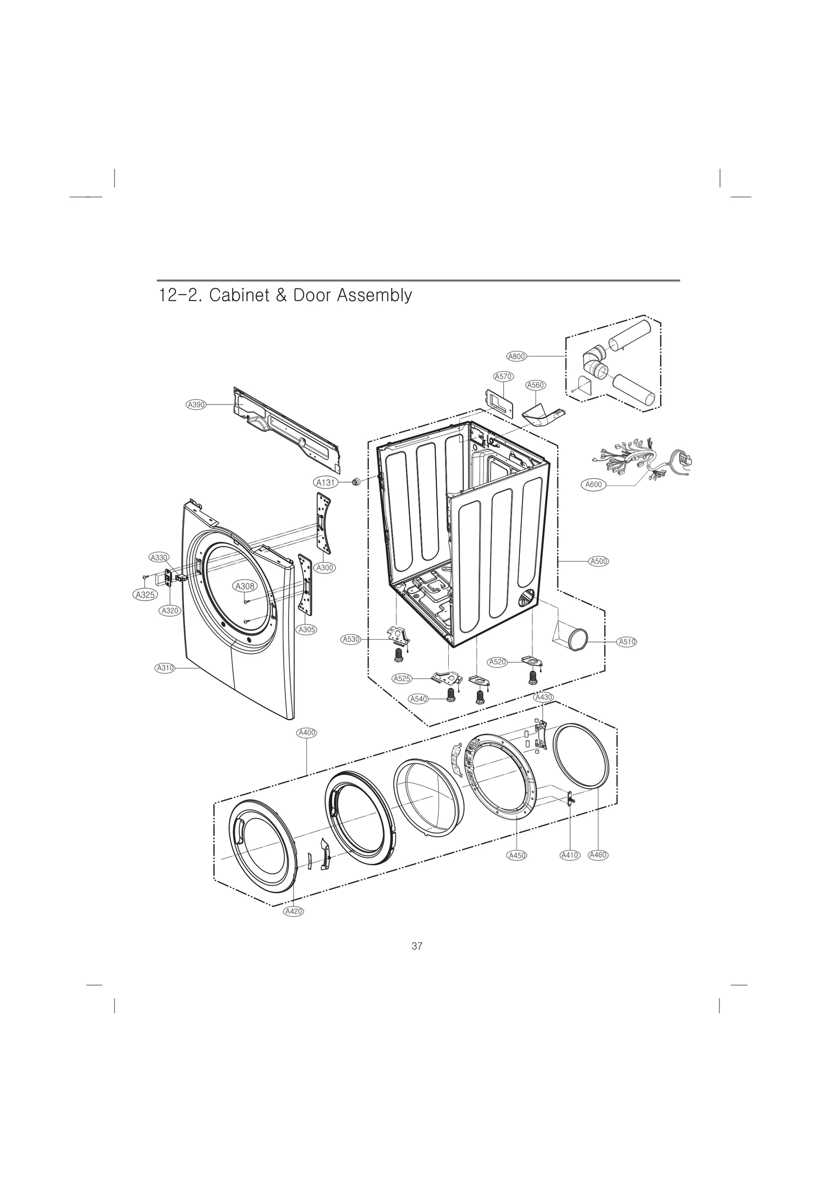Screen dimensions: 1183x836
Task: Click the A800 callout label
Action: [516, 357]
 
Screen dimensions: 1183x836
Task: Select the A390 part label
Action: [196, 405]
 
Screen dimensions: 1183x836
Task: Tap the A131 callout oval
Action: [326, 483]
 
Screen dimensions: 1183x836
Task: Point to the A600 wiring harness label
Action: [593, 485]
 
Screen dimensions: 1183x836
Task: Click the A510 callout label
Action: [626, 642]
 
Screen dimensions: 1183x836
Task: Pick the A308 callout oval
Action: [245, 587]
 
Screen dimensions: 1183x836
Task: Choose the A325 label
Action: [145, 595]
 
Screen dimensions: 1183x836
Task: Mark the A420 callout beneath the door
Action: [294, 912]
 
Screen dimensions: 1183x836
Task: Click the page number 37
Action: [417, 946]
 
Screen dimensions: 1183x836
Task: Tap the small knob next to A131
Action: [357, 481]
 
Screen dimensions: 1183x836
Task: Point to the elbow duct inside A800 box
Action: [595, 361]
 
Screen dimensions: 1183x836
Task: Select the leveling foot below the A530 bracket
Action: [397, 654]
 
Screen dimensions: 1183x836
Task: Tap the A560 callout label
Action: [536, 385]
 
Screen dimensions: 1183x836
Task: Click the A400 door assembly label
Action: [306, 733]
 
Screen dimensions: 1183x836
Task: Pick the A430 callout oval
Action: [543, 697]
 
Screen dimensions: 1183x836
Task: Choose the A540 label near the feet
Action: [418, 699]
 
